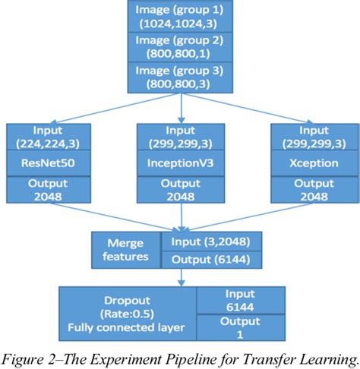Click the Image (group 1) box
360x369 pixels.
(x=180, y=17)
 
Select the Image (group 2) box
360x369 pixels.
(x=180, y=47)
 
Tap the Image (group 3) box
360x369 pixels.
(x=180, y=77)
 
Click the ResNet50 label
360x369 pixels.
(x=49, y=162)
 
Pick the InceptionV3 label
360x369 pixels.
(x=180, y=162)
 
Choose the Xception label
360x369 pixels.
(x=310, y=162)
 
